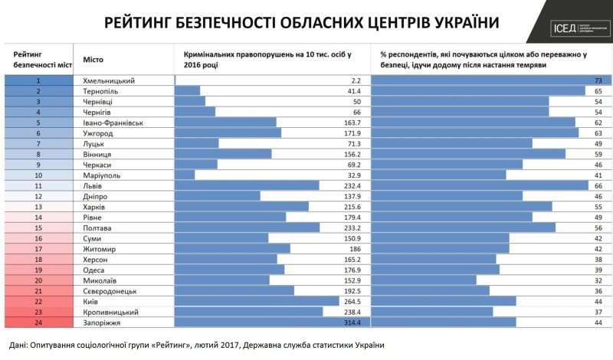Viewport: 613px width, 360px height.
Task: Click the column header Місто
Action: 93,59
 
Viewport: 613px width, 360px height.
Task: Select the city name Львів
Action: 93,185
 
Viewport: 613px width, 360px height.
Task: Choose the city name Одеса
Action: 93,270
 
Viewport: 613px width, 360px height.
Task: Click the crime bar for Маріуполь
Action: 185,175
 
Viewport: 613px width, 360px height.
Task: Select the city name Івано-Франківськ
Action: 113,123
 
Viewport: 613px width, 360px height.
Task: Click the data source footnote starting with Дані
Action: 195,345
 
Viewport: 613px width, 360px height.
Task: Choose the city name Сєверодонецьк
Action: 112,291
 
